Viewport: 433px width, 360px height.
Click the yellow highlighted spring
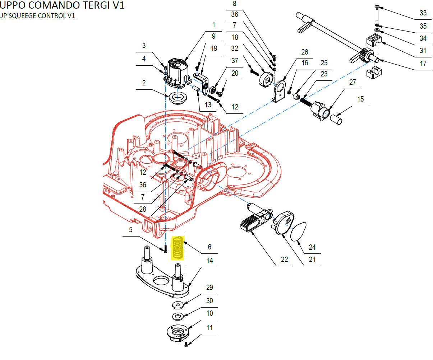click(178, 247)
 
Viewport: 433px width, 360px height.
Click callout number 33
click(423, 13)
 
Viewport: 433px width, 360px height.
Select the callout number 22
click(284, 260)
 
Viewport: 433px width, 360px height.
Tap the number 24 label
click(312, 247)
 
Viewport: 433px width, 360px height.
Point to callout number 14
click(209, 261)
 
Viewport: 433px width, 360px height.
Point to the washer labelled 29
click(178, 305)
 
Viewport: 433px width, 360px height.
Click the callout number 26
click(305, 52)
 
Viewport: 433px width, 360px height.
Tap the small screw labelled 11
click(186, 345)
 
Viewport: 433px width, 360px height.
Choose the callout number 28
click(143, 209)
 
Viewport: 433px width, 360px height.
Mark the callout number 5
click(131, 230)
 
